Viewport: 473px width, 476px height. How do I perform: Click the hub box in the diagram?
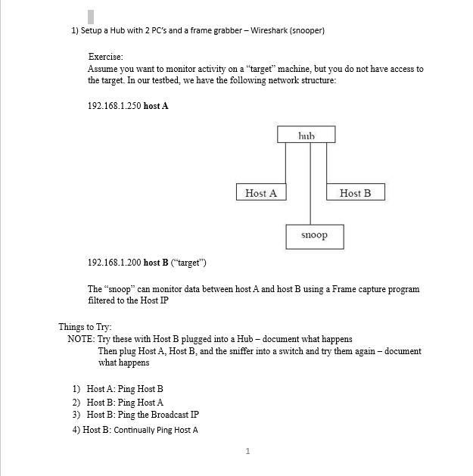click(306, 135)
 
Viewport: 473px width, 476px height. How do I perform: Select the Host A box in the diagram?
click(261, 193)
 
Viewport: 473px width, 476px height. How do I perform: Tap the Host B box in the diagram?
click(355, 193)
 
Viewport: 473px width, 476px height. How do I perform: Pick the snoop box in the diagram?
click(314, 235)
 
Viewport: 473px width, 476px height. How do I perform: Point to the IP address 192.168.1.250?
click(114, 105)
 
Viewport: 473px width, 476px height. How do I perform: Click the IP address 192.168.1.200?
click(114, 263)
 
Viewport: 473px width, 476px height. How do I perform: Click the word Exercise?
click(105, 57)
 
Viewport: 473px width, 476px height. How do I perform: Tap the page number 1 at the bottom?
click(247, 452)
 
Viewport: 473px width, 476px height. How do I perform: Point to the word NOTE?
click(80, 339)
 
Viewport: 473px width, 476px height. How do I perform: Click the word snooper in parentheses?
click(308, 31)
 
